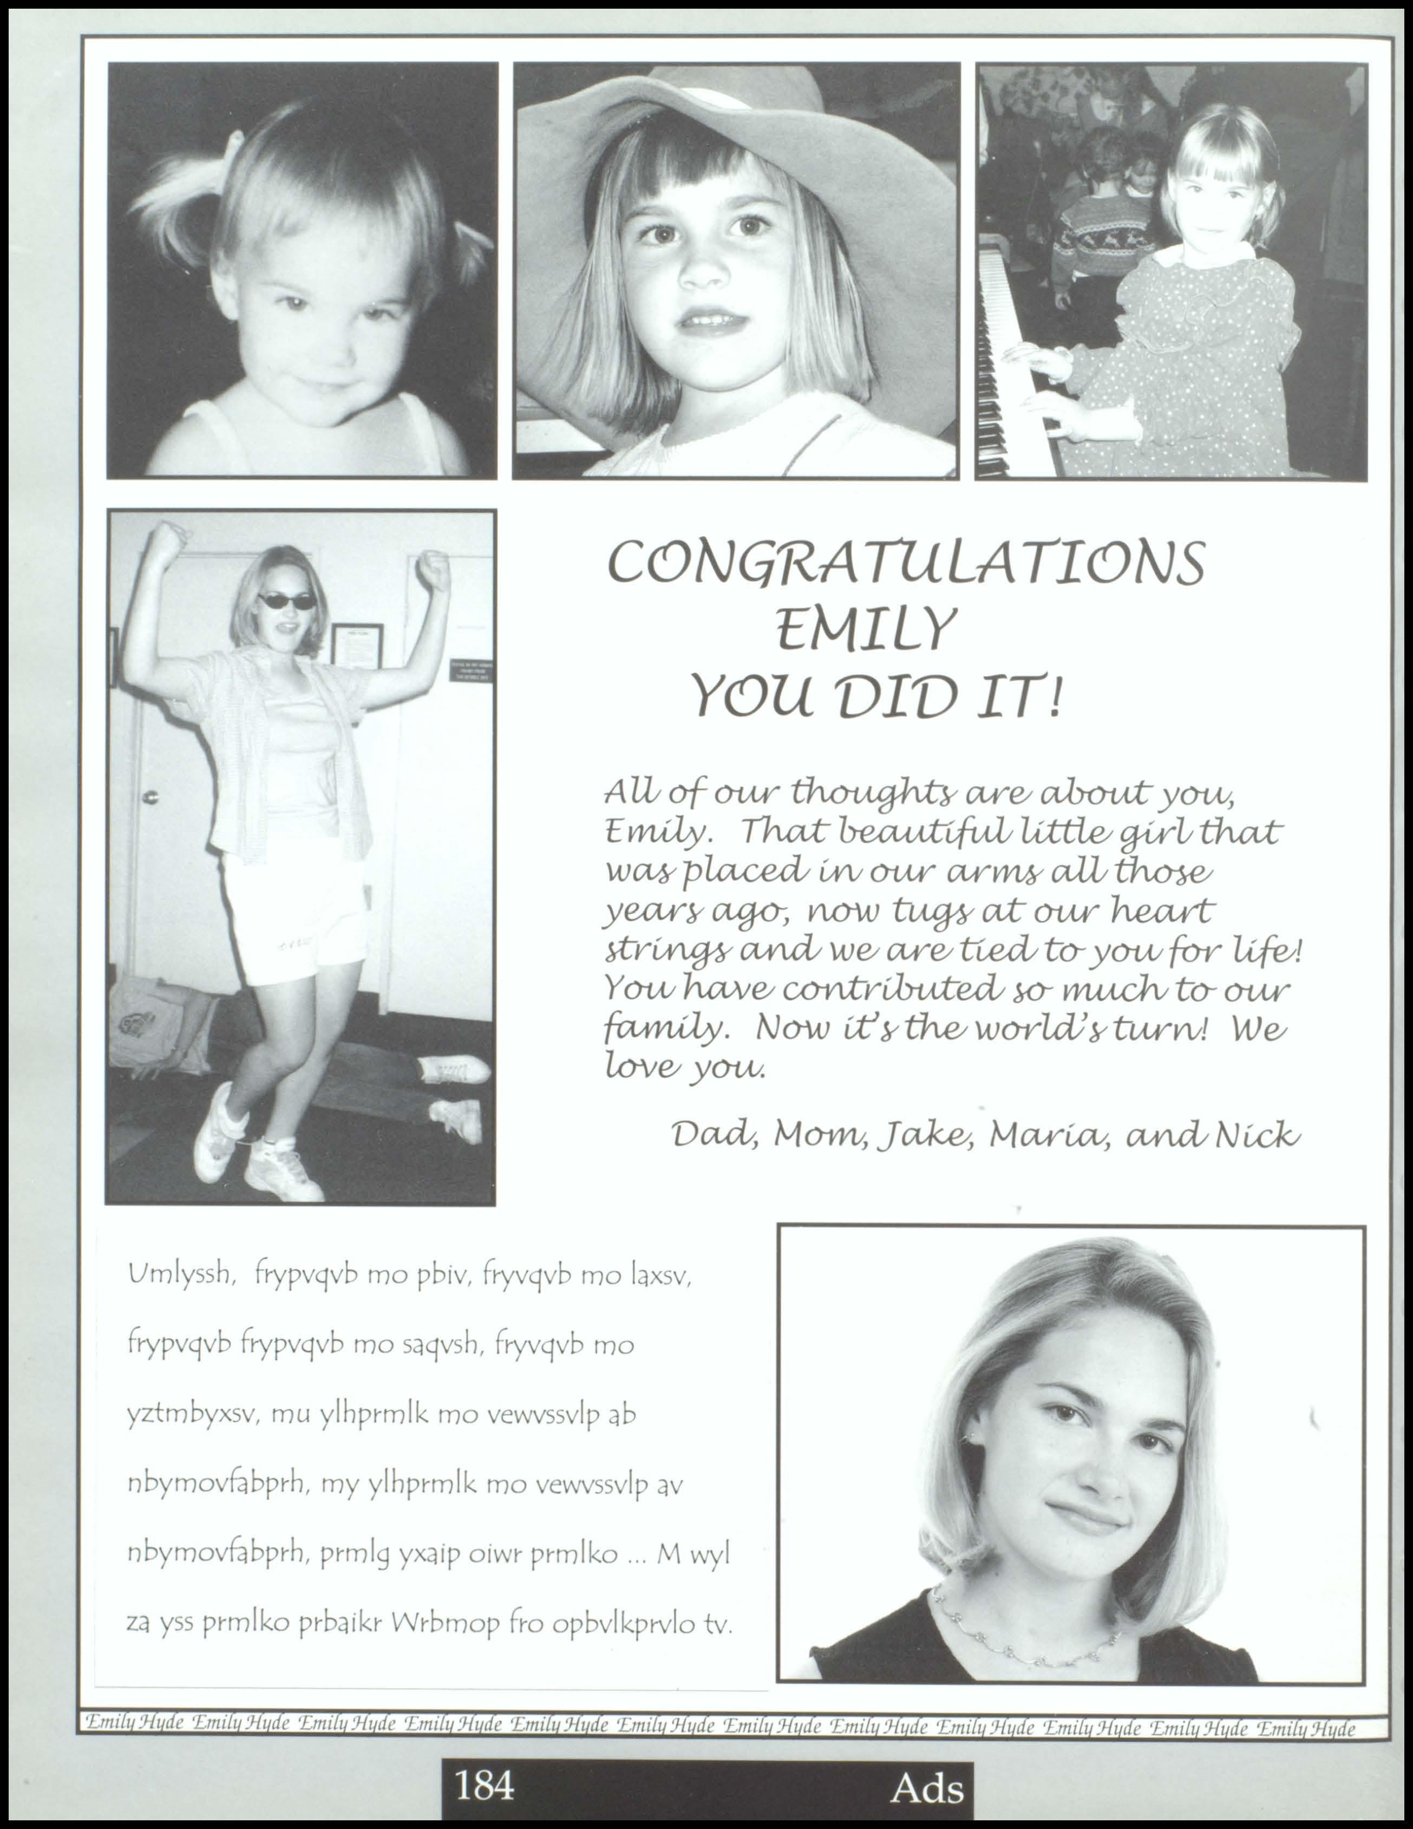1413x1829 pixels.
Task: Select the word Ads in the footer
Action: pyautogui.click(x=927, y=1787)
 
